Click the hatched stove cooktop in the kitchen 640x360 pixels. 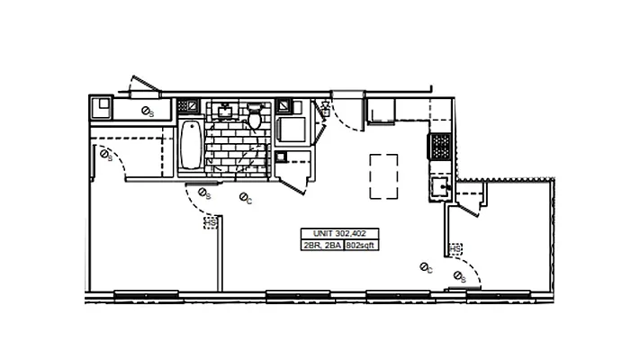coord(441,144)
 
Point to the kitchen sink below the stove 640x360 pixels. coord(440,187)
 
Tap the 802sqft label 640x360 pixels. coord(361,244)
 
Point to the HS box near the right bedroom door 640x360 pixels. coord(455,248)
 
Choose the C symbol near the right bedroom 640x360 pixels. coord(426,267)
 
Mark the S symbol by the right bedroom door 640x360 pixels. coord(459,275)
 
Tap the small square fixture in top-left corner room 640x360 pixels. coord(101,108)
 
